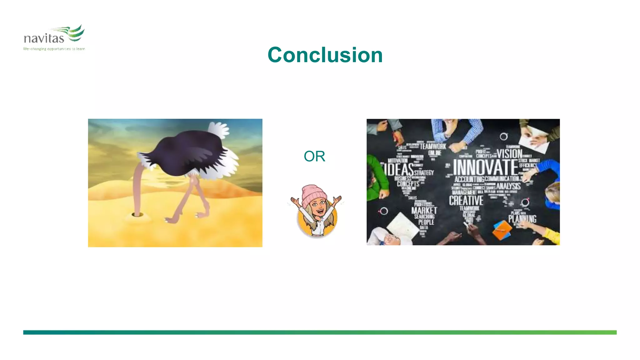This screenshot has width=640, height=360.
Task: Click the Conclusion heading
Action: click(325, 55)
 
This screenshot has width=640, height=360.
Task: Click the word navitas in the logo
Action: click(44, 38)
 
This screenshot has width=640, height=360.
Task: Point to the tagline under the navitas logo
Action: click(54, 49)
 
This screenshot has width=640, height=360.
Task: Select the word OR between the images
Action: click(314, 156)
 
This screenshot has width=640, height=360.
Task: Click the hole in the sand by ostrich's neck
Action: click(137, 214)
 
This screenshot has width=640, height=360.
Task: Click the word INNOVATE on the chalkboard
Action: click(485, 167)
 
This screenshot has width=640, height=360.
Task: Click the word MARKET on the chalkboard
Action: click(424, 210)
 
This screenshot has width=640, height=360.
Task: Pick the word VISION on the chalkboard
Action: click(509, 153)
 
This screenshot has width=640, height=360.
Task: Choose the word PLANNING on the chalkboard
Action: click(522, 218)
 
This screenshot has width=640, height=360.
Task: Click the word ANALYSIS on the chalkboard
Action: click(508, 186)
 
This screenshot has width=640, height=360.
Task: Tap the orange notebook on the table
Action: click(502, 231)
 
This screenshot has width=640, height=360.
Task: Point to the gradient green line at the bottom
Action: click(320, 332)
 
